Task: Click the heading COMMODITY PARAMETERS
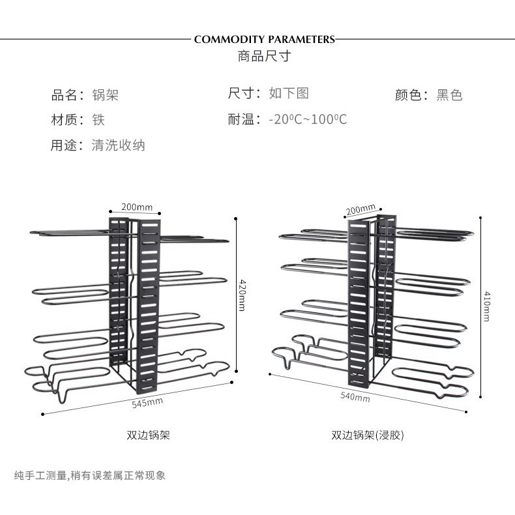(x=265, y=39)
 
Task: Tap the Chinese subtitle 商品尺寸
(x=265, y=56)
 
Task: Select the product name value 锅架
(x=105, y=95)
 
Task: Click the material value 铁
(x=98, y=119)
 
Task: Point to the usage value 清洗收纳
(x=118, y=145)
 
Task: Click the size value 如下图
(x=289, y=93)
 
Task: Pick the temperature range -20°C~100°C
(x=308, y=119)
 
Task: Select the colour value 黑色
(x=449, y=95)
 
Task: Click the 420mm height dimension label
(x=243, y=295)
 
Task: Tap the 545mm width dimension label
(x=147, y=403)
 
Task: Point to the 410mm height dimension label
(x=488, y=306)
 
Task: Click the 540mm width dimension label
(x=355, y=397)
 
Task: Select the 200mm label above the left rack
(x=137, y=207)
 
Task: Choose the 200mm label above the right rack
(x=360, y=209)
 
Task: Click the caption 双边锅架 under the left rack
(x=148, y=435)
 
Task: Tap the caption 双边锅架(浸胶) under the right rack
(x=368, y=435)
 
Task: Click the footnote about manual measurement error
(x=90, y=475)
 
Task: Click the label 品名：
(x=68, y=95)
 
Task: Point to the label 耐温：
(x=244, y=119)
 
